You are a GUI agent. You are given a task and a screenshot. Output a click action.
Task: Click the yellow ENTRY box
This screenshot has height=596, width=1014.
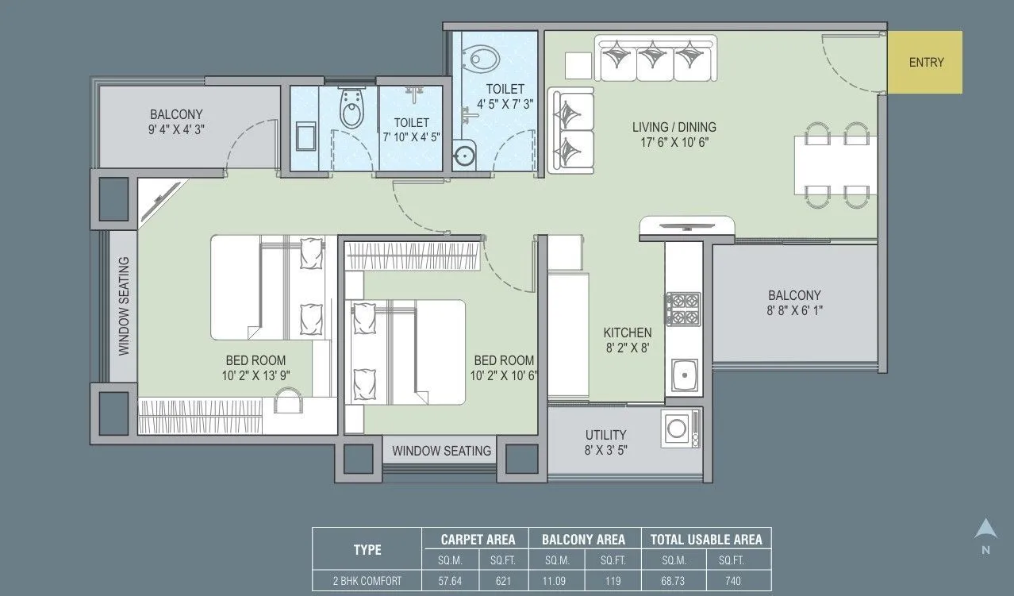[x=924, y=63]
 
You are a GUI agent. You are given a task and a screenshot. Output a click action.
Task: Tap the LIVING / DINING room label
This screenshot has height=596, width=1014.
[x=674, y=134]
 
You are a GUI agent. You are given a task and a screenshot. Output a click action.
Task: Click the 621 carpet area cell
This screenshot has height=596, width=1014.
[x=502, y=581]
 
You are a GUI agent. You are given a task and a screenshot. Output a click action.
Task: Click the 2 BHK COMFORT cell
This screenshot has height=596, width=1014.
[x=367, y=581]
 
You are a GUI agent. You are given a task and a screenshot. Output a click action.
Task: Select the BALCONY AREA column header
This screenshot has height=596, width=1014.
[x=583, y=540]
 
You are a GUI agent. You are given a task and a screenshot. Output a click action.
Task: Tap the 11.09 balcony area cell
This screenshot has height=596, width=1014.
[x=555, y=581]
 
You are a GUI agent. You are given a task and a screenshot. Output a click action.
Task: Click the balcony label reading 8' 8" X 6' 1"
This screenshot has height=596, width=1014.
[x=793, y=303]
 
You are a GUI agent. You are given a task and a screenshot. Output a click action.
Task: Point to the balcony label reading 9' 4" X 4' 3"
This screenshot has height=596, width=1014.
[x=176, y=121]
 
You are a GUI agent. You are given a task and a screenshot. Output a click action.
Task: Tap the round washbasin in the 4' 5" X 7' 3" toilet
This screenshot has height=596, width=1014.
[x=464, y=156]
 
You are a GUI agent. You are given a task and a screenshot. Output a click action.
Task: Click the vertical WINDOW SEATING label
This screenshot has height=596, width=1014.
[x=124, y=306]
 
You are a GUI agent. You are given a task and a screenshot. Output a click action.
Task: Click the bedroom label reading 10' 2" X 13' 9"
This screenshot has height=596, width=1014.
[x=255, y=367]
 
